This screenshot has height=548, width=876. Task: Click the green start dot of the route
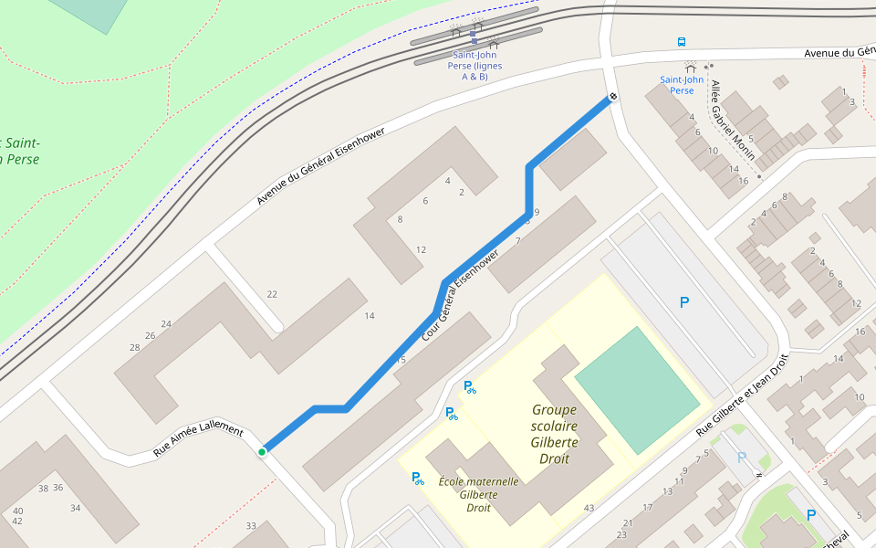262,451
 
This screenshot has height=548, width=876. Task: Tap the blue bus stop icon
682,42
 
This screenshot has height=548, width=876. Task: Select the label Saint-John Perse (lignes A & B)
475,66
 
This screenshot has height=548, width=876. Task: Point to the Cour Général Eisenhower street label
460,294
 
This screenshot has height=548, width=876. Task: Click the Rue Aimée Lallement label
198,439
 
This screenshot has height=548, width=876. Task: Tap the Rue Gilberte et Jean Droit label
741,394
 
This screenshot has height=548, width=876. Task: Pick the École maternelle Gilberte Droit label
479,494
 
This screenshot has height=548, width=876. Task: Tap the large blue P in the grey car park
684,302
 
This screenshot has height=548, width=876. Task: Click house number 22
272,293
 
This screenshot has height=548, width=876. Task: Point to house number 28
135,347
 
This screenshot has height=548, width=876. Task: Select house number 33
251,525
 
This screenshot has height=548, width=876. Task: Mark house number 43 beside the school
589,508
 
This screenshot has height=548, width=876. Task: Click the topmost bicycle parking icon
470,387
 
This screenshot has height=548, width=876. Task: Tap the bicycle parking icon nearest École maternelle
418,478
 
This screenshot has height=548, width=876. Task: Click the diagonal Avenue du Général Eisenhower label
320,165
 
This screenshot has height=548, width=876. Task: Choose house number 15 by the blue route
401,360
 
